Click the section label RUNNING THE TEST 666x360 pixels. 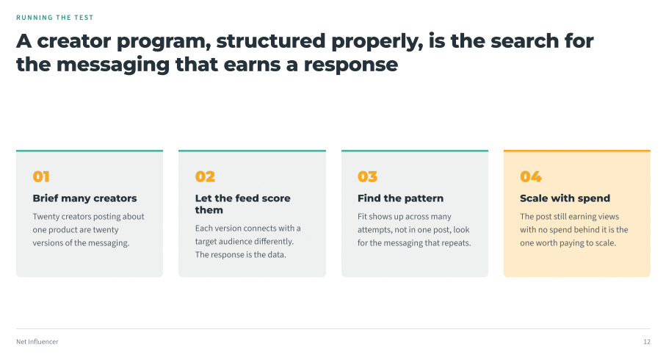(x=55, y=18)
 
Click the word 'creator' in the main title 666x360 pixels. (x=74, y=41)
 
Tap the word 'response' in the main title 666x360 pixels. (x=351, y=65)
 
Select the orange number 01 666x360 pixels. (x=41, y=176)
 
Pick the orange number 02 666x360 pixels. (x=205, y=176)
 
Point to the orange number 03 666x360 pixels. (x=367, y=176)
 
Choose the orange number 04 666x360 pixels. (x=531, y=176)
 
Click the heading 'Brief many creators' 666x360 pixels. (x=84, y=198)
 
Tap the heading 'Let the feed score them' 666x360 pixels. (x=242, y=204)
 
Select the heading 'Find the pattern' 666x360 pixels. (x=400, y=198)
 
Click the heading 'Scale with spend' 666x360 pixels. (x=565, y=198)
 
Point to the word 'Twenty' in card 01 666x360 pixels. (x=46, y=217)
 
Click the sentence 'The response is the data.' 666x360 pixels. (x=240, y=255)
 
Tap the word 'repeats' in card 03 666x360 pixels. (x=457, y=243)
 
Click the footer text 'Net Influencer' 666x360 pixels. (x=37, y=342)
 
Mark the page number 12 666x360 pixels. (x=647, y=342)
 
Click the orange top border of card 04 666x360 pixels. (x=577, y=151)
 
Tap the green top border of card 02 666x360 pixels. (x=252, y=151)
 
